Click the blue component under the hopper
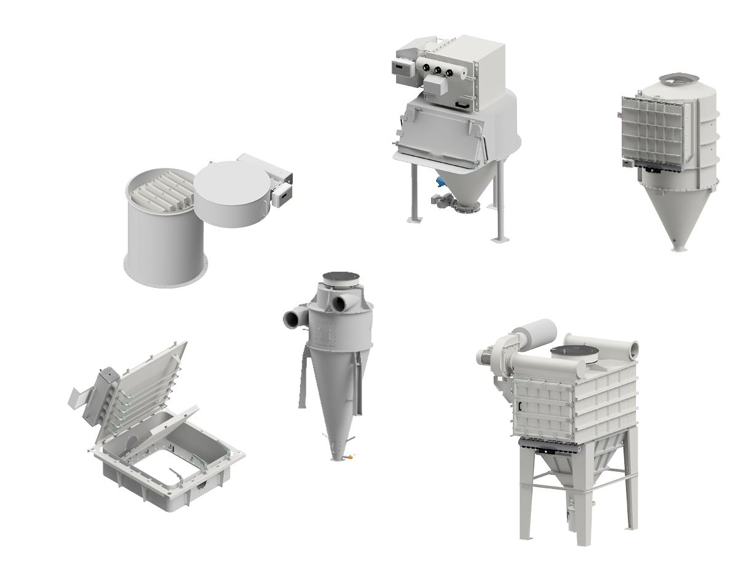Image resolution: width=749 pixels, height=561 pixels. [439, 183]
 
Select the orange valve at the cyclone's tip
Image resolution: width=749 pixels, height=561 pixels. [350, 456]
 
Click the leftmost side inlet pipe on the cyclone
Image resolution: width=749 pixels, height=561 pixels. [290, 318]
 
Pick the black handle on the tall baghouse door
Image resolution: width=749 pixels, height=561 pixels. [520, 407]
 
